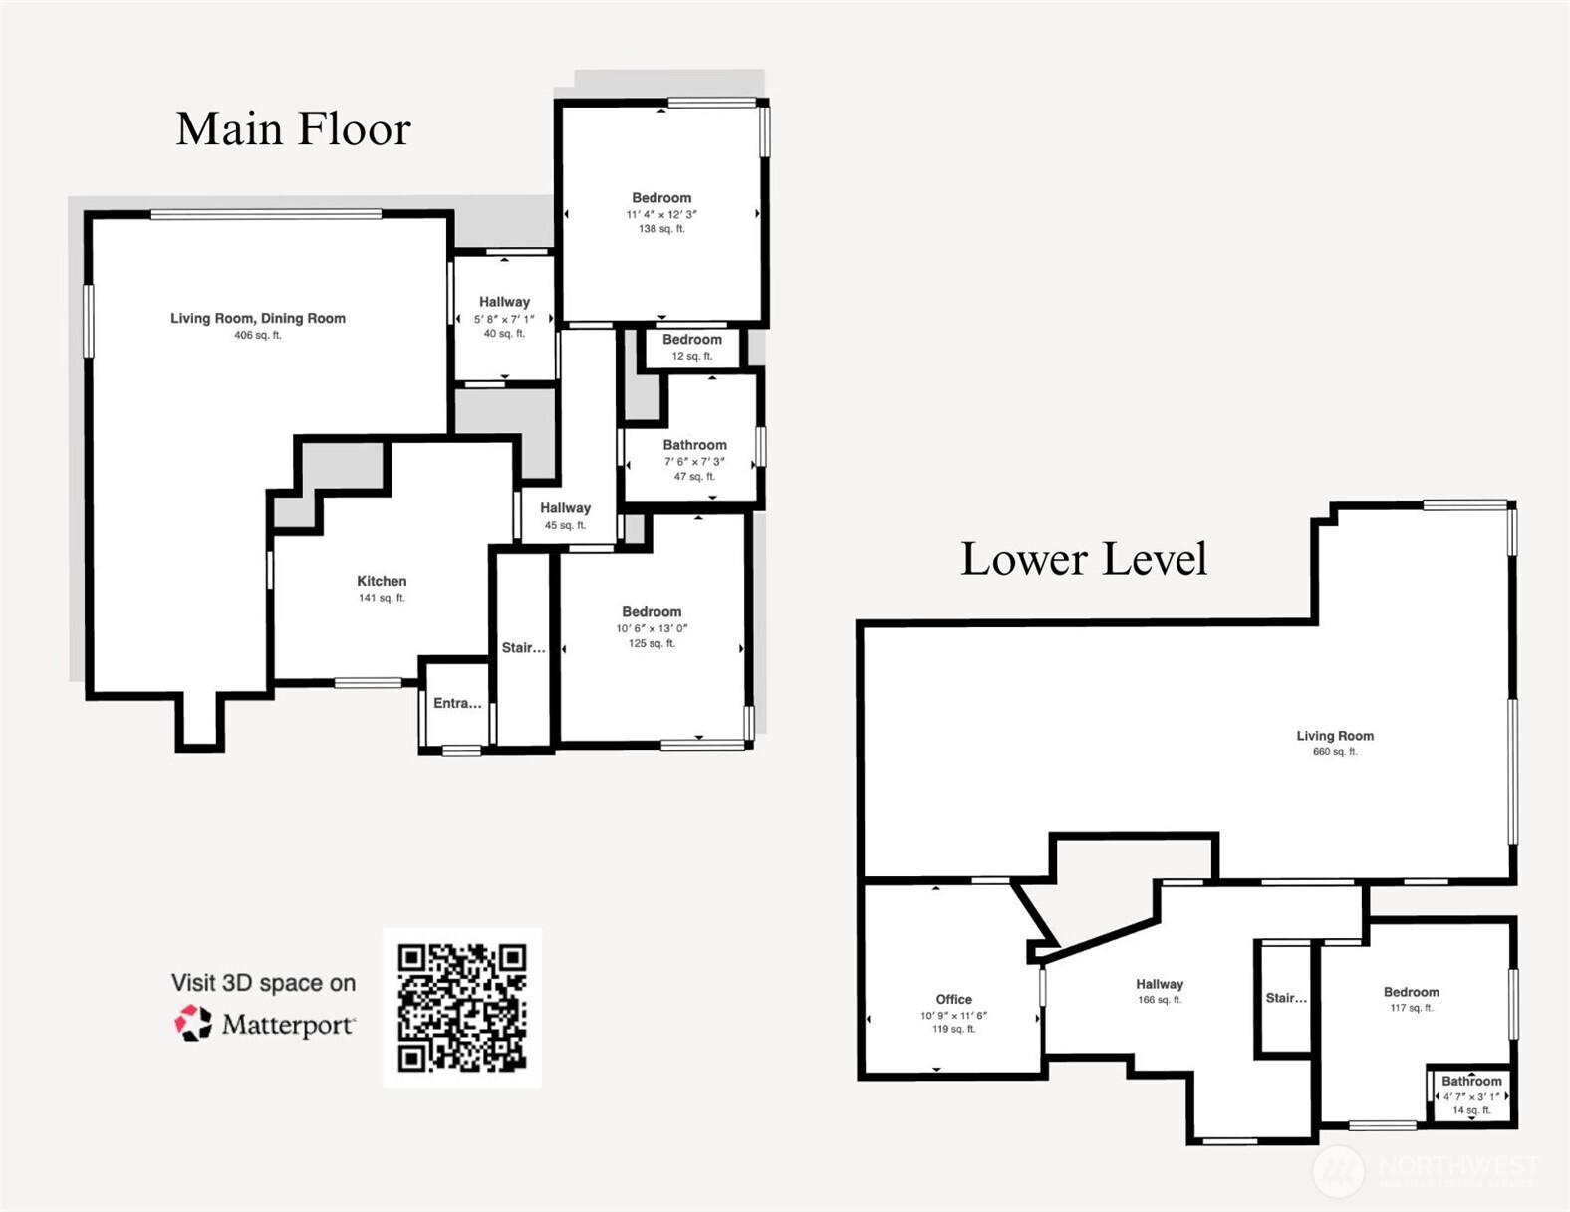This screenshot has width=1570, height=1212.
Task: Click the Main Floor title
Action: (x=293, y=129)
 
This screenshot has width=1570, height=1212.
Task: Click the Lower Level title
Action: (x=1083, y=559)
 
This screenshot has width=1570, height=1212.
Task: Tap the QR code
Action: (x=461, y=1007)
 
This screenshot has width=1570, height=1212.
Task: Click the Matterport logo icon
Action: (x=193, y=1023)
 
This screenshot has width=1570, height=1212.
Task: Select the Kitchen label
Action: (x=382, y=581)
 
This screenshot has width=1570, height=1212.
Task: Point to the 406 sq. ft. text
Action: (x=258, y=336)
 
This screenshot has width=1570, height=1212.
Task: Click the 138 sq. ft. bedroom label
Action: (x=661, y=198)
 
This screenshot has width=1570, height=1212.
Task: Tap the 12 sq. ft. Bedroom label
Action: (x=692, y=340)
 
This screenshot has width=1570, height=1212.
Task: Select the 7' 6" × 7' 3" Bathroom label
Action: (x=694, y=445)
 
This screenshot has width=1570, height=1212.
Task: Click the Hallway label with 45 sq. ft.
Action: (x=565, y=508)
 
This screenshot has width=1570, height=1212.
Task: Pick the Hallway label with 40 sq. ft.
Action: (x=504, y=302)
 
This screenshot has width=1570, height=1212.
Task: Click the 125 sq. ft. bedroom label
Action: (x=652, y=612)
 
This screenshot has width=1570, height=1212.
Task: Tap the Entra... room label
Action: (x=457, y=703)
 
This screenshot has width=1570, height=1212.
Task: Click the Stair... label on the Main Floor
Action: (x=523, y=648)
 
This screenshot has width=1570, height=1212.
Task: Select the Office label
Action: (x=953, y=999)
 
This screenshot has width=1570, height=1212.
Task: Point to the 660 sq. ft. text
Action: (x=1335, y=752)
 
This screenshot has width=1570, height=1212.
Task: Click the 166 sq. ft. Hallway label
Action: (x=1160, y=984)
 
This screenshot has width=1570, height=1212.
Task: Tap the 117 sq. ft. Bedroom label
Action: (x=1411, y=992)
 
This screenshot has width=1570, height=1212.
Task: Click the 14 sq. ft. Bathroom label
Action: (x=1471, y=1082)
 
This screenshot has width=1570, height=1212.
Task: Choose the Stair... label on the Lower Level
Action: (x=1286, y=998)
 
